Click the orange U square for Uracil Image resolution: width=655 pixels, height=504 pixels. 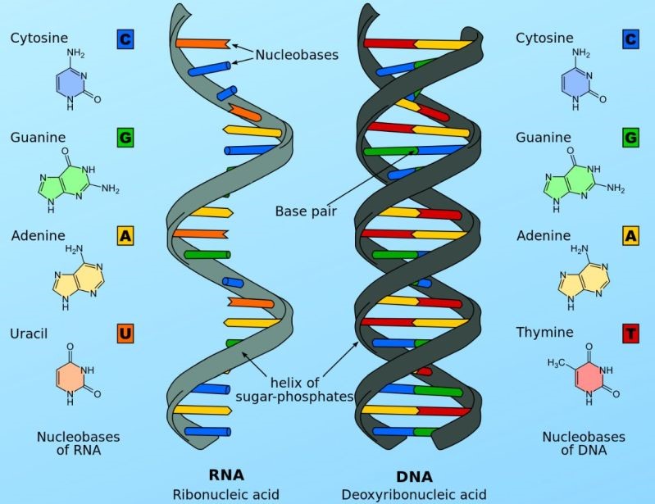[125, 334]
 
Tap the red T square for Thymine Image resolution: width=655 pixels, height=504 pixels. [630, 334]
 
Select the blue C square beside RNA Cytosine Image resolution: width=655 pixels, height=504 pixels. [125, 39]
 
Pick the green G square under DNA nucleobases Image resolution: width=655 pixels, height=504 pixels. [630, 138]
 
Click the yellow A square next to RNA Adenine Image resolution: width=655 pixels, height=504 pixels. [125, 235]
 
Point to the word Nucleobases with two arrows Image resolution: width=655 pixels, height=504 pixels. [297, 55]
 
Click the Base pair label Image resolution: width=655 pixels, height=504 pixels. [306, 211]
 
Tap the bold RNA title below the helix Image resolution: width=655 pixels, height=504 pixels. [226, 474]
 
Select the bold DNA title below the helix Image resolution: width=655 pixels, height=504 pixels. [414, 476]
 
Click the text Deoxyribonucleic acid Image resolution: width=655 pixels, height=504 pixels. [414, 495]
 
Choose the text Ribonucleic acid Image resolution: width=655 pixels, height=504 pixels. [226, 495]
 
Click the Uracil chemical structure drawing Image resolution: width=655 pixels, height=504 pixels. [78, 375]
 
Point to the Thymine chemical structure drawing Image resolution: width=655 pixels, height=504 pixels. [584, 375]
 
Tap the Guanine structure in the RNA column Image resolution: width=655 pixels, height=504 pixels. [78, 180]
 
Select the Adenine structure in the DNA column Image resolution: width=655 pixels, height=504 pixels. [584, 277]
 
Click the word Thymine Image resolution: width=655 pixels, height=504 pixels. [544, 333]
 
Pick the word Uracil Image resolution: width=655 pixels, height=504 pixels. [29, 334]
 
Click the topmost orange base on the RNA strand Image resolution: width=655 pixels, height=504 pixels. [202, 43]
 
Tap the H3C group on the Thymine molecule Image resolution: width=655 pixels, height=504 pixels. [557, 363]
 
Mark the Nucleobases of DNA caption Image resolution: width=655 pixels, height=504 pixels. [584, 443]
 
